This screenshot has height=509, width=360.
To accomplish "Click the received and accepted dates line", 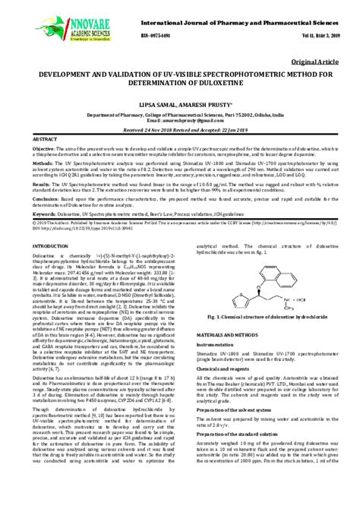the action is pyautogui.click(x=180, y=129).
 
